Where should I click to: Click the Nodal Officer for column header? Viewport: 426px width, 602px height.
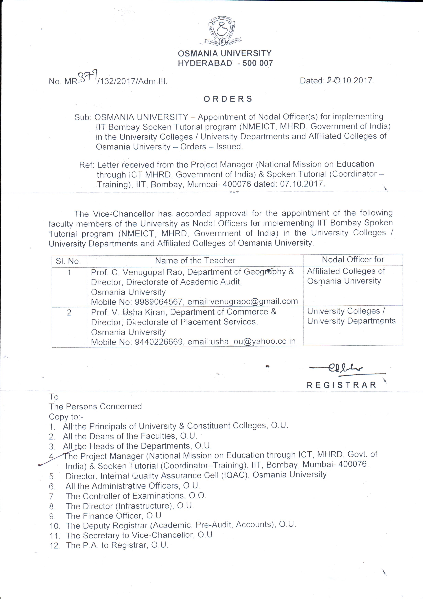(353, 260)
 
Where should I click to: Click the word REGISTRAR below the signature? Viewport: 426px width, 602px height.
(342, 385)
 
